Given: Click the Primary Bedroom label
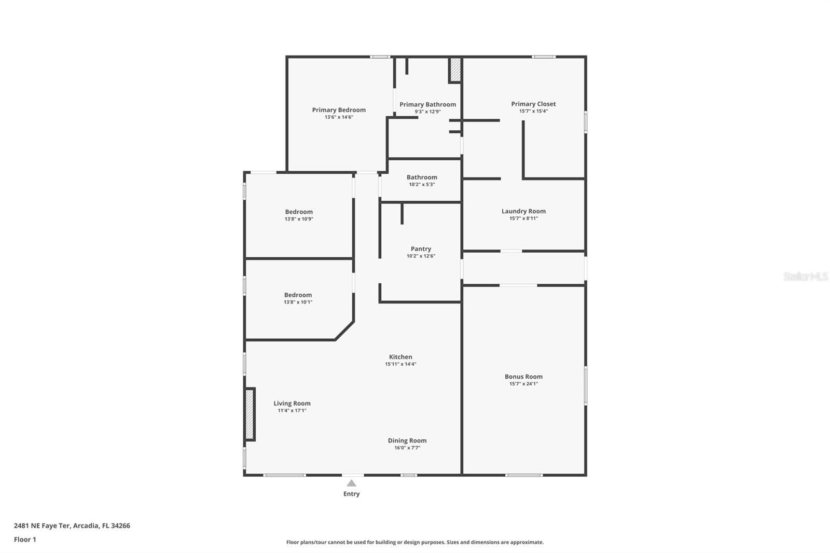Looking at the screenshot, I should pyautogui.click(x=339, y=110).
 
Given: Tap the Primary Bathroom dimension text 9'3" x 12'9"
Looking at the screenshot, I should pyautogui.click(x=427, y=112).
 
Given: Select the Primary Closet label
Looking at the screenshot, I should pyautogui.click(x=533, y=104).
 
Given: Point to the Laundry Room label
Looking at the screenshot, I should pyautogui.click(x=523, y=211).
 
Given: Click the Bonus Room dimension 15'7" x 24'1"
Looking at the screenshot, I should pyautogui.click(x=523, y=384).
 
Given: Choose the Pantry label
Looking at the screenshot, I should pyautogui.click(x=421, y=249).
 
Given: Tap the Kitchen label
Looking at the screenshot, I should pyautogui.click(x=400, y=357).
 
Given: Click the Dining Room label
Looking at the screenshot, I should pyautogui.click(x=407, y=440).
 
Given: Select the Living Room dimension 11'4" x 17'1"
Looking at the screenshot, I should pyautogui.click(x=292, y=410).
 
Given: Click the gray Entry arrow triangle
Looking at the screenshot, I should pyautogui.click(x=352, y=483).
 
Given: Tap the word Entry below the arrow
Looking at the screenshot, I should pyautogui.click(x=352, y=494).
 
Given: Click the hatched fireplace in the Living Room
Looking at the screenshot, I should pyautogui.click(x=250, y=414).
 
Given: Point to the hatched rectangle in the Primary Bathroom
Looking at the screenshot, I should pyautogui.click(x=455, y=70).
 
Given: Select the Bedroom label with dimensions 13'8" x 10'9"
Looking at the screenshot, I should pyautogui.click(x=299, y=212).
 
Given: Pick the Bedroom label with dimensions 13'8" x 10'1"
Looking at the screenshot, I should pyautogui.click(x=298, y=295).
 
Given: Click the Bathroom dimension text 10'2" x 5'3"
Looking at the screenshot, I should pyautogui.click(x=422, y=184).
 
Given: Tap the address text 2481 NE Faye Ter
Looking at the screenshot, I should pyautogui.click(x=42, y=526).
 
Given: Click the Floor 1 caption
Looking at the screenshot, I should pyautogui.click(x=25, y=540).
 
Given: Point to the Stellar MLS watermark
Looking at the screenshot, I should pyautogui.click(x=805, y=276).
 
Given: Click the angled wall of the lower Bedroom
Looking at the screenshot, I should pyautogui.click(x=345, y=331).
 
